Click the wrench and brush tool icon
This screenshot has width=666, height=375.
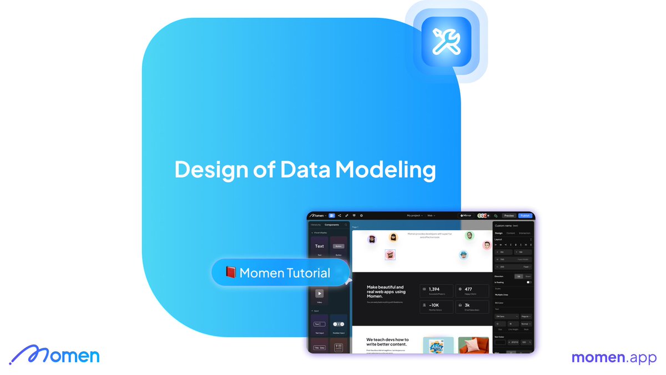pos(446,42)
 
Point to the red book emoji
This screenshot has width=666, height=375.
pos(231,273)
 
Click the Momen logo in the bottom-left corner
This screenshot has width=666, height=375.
pos(54,354)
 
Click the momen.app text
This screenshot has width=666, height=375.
pos(614,357)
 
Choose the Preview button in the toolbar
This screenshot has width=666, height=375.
pos(508,216)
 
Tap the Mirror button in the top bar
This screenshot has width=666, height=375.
pos(466,216)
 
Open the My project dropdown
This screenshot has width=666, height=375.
pos(415,216)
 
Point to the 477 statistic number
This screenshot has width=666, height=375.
pos(468,289)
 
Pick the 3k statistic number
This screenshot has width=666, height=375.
pos(467,305)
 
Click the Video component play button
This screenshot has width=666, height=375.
pos(319,293)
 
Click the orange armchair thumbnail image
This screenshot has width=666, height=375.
pos(473,345)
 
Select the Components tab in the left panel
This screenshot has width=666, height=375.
pos(332,225)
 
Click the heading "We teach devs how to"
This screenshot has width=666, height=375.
pos(387,339)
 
